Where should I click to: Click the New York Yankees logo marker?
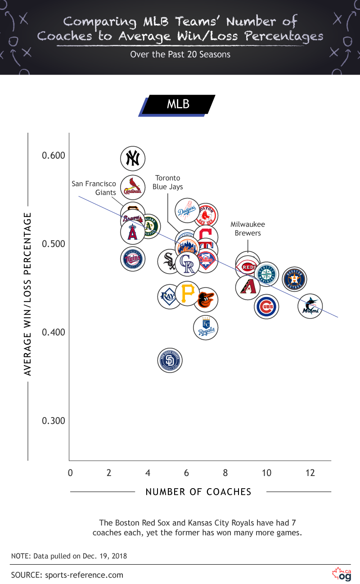coord(133,158)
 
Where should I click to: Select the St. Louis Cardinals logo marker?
coord(133,188)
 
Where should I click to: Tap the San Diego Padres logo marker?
coord(170,360)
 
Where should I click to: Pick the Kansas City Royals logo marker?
coord(206,328)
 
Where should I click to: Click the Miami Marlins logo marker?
coord(310,306)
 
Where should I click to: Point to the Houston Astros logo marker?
coord(294,279)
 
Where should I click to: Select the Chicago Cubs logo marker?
coord(266,307)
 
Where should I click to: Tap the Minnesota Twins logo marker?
coord(133,260)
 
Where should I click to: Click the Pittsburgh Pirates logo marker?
coord(187,294)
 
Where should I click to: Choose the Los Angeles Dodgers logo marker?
coord(187,210)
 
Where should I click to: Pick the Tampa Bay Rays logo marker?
coord(169,296)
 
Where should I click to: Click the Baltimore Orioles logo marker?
coord(206,299)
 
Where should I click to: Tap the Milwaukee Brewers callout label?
coord(247,229)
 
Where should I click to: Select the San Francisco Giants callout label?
coord(94,188)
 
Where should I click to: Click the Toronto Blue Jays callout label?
coord(167,182)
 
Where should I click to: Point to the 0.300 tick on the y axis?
coord(54,421)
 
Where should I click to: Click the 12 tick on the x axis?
coord(310,473)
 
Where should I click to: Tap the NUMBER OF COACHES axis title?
coord(198,492)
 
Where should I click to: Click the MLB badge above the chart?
coord(178,104)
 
